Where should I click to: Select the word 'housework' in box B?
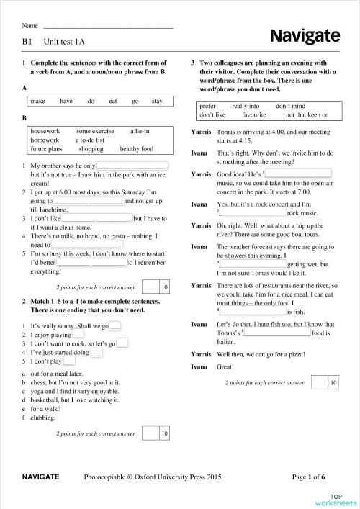tap(45, 131)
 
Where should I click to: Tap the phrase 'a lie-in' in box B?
tap(140, 131)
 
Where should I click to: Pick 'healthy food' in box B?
tap(137, 149)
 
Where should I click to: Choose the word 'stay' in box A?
tap(157, 102)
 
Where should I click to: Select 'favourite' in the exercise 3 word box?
tap(254, 114)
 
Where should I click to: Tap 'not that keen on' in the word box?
tap(307, 114)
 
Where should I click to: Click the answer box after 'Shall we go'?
tap(116, 326)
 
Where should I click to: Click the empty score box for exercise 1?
tap(150, 288)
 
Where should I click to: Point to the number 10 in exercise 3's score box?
tap(333, 384)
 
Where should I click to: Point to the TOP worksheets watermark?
tap(336, 497)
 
